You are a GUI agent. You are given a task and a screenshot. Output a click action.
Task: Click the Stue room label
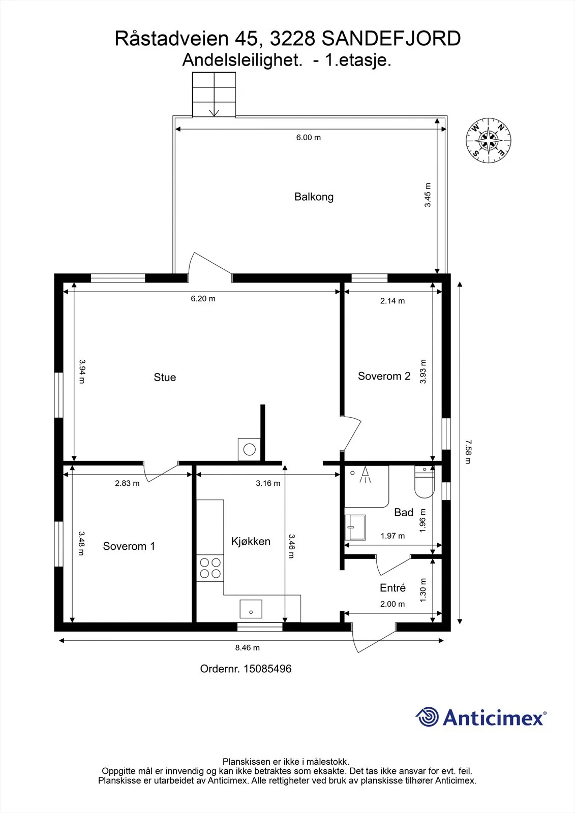(165, 378)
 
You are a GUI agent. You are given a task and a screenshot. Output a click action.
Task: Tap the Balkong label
(314, 197)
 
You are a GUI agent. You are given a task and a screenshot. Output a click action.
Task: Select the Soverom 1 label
(129, 546)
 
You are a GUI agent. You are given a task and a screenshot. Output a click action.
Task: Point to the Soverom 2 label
(384, 376)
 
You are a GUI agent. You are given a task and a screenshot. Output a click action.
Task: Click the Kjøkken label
(251, 542)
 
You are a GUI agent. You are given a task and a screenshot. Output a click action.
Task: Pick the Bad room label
(404, 513)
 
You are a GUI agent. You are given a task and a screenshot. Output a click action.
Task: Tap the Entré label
(392, 588)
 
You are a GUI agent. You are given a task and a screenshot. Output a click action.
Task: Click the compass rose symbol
(488, 140)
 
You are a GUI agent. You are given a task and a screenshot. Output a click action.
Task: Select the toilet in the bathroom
(424, 481)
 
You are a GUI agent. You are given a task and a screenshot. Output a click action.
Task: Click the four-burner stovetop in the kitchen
(210, 568)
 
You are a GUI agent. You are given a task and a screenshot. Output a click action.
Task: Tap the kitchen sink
(251, 609)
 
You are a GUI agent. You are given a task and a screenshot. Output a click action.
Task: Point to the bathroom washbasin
(355, 527)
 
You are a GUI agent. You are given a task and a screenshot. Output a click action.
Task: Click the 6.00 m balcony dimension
(309, 138)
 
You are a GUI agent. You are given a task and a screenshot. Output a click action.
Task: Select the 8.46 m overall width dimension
(248, 647)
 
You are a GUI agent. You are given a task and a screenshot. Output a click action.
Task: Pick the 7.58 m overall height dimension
(468, 452)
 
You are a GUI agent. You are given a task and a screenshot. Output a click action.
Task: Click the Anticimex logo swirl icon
(427, 717)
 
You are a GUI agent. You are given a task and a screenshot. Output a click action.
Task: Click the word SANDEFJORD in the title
(391, 39)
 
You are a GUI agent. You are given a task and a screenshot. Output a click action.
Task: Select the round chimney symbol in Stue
(250, 450)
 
